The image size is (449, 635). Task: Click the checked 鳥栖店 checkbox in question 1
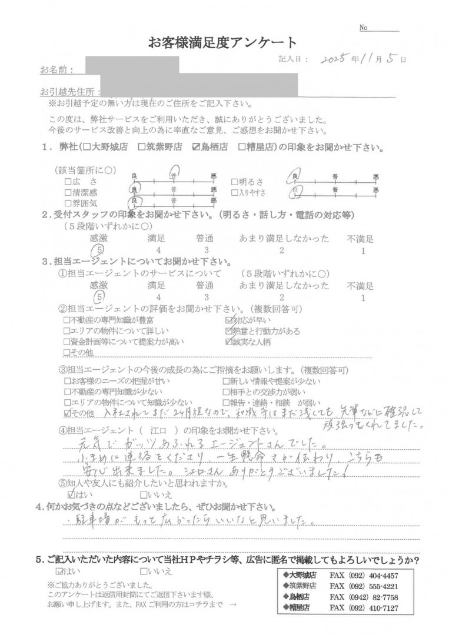(197, 148)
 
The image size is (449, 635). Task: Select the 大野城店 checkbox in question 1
(87, 148)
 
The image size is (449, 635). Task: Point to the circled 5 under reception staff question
(101, 250)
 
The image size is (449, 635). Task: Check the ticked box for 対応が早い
(230, 321)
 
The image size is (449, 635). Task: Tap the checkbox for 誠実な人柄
(230, 342)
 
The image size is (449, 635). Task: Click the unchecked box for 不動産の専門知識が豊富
(66, 321)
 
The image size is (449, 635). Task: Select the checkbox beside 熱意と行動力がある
(230, 332)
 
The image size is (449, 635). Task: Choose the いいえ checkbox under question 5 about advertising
(144, 571)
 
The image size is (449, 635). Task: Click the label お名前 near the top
(56, 71)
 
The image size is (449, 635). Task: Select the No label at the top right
(363, 28)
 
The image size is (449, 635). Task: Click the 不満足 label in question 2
(360, 239)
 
